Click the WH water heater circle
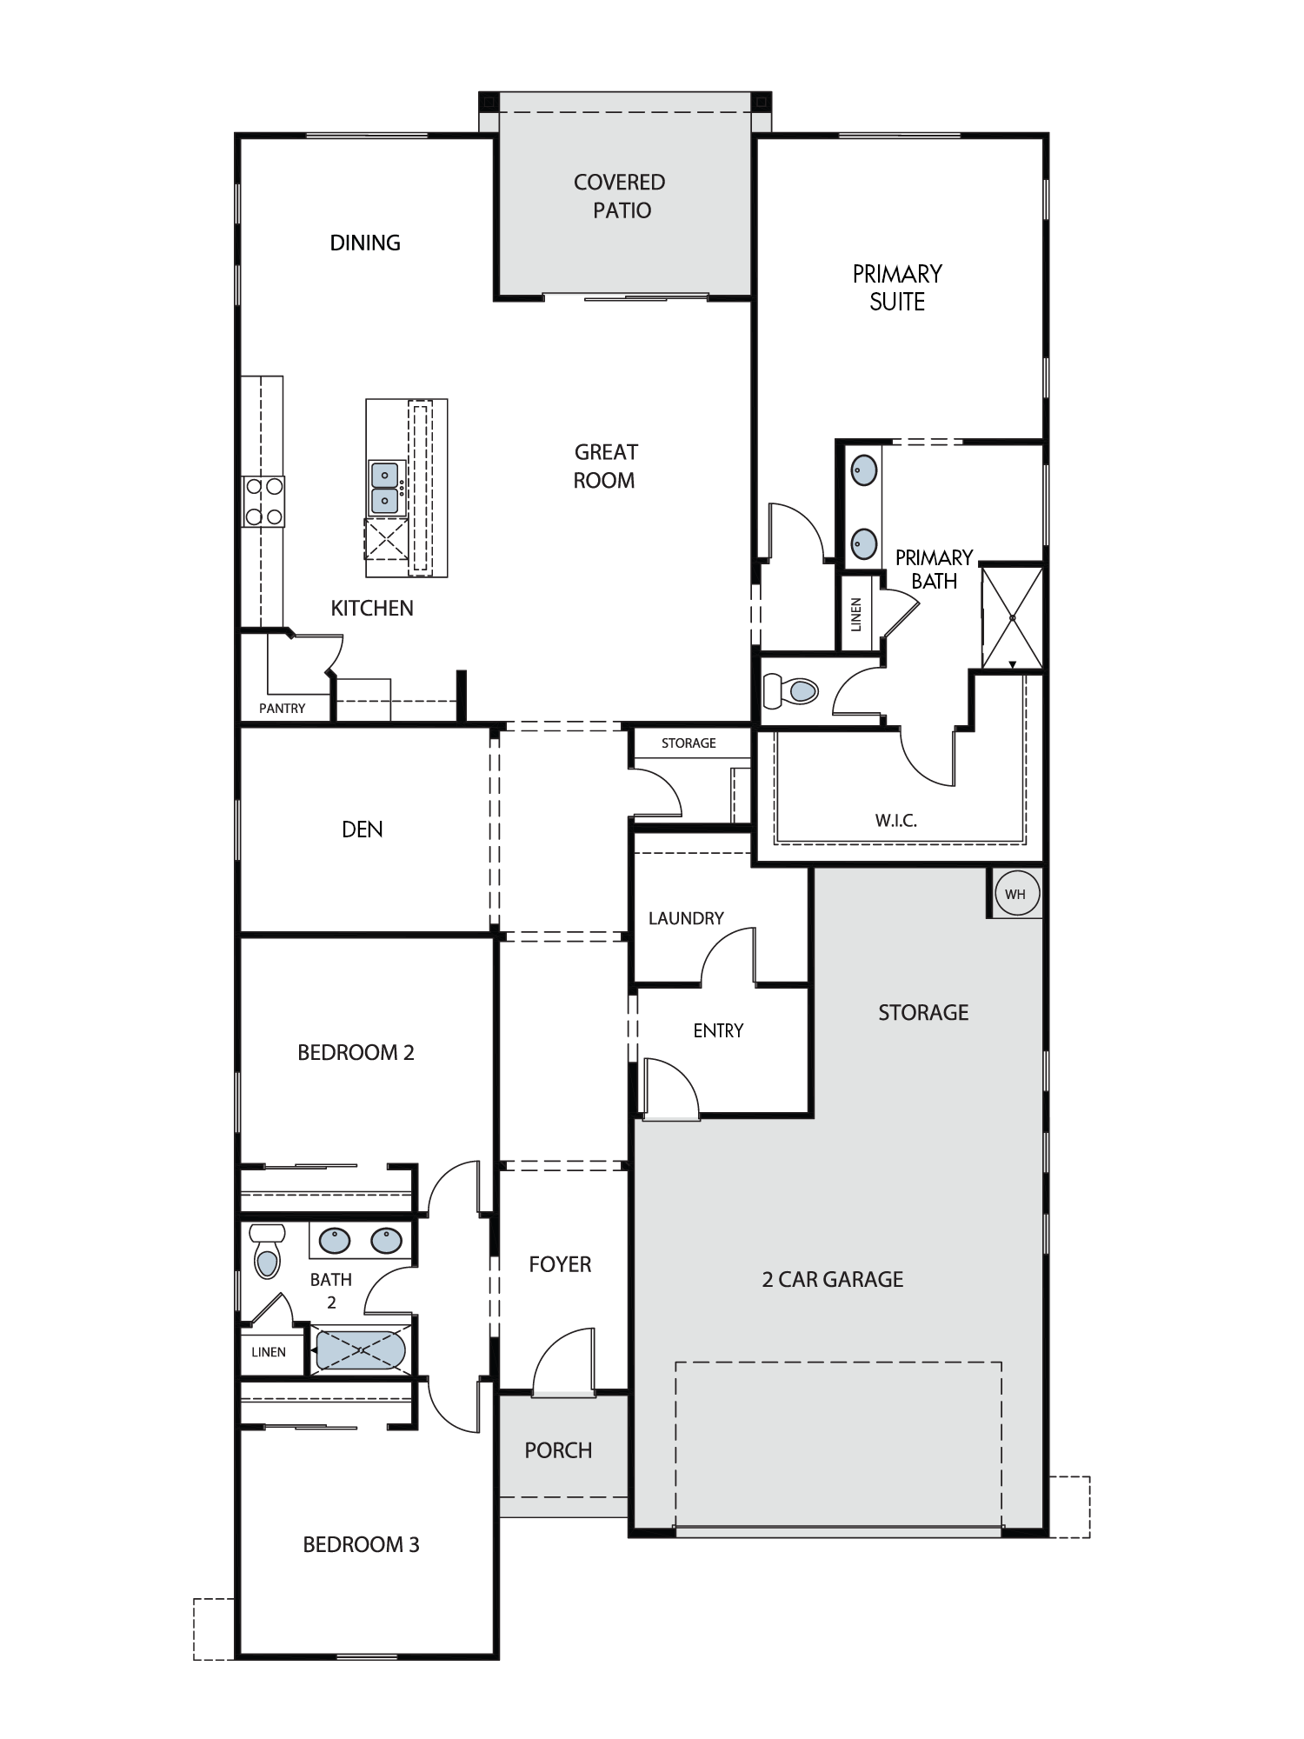[1015, 893]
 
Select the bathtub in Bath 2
[360, 1351]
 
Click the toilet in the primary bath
[790, 692]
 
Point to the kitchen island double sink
[385, 488]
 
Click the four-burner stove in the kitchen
[263, 501]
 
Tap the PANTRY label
[282, 709]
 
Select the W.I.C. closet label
[895, 820]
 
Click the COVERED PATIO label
[620, 196]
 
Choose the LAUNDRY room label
[686, 918]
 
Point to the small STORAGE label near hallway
[689, 743]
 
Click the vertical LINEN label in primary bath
[856, 615]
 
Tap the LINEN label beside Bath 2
[269, 1352]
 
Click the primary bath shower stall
[1012, 617]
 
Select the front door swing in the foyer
[563, 1362]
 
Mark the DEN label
[363, 830]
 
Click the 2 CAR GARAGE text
[833, 1279]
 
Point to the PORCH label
[558, 1450]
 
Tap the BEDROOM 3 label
[361, 1544]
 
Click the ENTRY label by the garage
[718, 1030]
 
